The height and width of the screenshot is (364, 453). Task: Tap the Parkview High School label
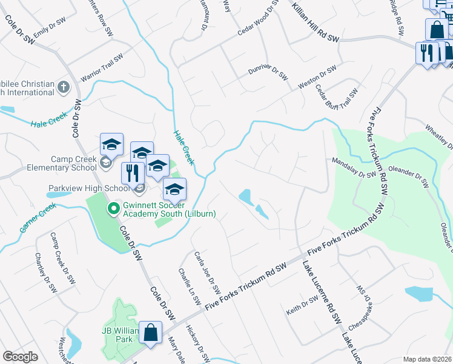(x=88, y=188)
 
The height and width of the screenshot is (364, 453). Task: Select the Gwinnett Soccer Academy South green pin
(x=113, y=210)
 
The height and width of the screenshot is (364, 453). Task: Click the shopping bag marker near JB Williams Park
(x=150, y=334)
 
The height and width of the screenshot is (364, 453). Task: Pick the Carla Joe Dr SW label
(x=206, y=270)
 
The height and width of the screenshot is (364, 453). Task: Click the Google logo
(x=21, y=357)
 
